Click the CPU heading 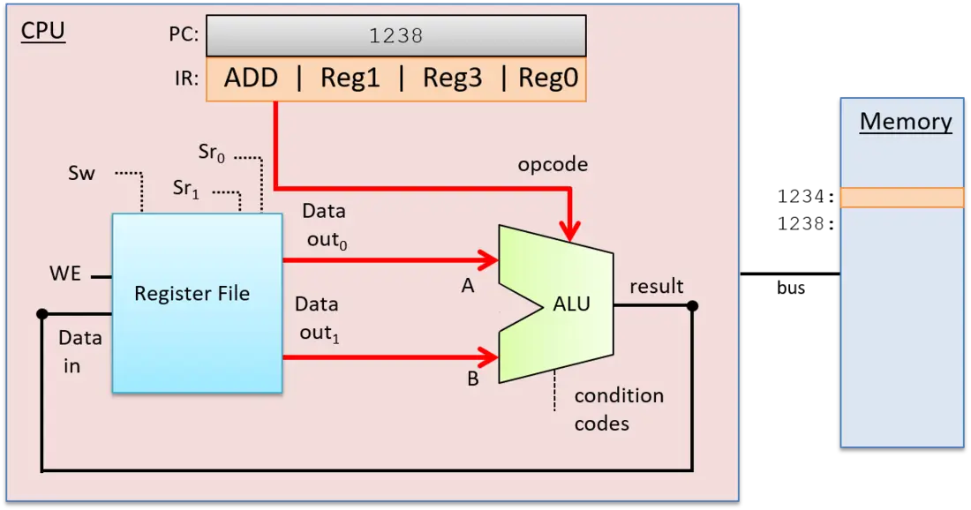(x=42, y=30)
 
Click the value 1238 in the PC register (x=395, y=36)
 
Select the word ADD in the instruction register (x=251, y=78)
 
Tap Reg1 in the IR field (x=350, y=78)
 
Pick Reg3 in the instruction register (x=452, y=78)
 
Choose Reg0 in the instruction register (x=548, y=78)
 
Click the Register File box (x=197, y=303)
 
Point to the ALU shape (x=556, y=304)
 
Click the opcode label (x=553, y=165)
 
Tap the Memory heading (x=906, y=121)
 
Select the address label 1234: (x=806, y=197)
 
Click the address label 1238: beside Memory (x=806, y=223)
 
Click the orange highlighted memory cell (x=901, y=198)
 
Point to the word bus (x=791, y=288)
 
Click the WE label (x=65, y=274)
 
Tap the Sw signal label (x=81, y=173)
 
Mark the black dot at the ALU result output (x=693, y=306)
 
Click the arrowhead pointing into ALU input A (x=488, y=260)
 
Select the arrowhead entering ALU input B (x=488, y=357)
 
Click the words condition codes (x=619, y=409)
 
